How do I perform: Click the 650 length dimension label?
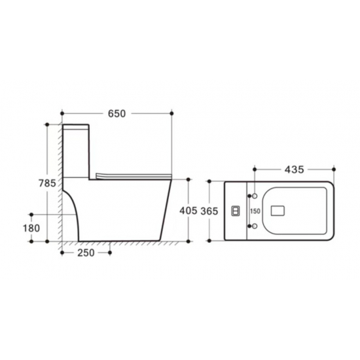coord(117,114)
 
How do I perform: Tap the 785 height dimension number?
coord(47,183)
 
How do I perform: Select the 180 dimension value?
coord(31,228)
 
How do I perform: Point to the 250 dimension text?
coord(86,253)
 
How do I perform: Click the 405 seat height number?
coord(189,211)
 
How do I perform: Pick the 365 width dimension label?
coord(209,211)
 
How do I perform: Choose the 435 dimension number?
coord(294,170)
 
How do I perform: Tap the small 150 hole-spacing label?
coord(255,211)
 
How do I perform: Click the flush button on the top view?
coord(236,211)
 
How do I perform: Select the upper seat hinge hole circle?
coord(255,196)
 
